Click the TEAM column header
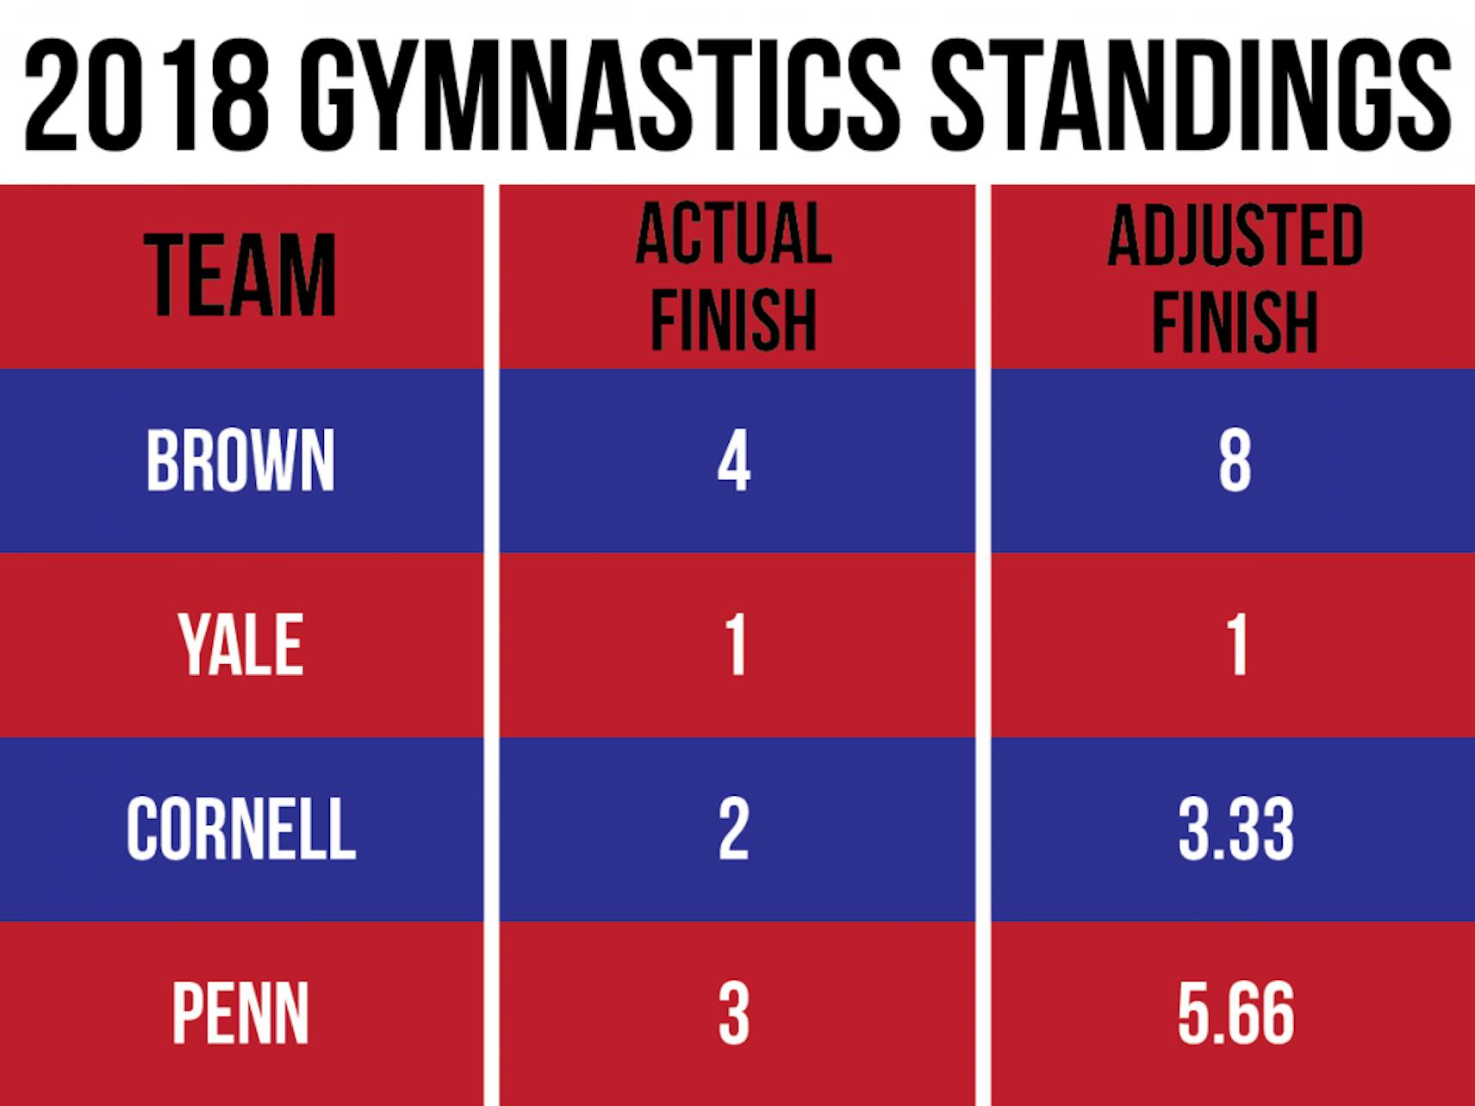coord(240,276)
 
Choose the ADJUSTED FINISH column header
coord(1235,277)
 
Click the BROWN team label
coord(240,461)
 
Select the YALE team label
coord(240,644)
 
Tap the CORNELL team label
coord(240,829)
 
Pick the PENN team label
coord(240,1013)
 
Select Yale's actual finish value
coord(735,644)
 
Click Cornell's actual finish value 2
coord(733,829)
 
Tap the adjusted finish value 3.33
coord(1235,829)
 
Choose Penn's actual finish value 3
coord(733,1013)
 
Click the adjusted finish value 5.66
coord(1235,1013)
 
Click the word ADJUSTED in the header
coord(1235,235)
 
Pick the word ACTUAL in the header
coord(733,233)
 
